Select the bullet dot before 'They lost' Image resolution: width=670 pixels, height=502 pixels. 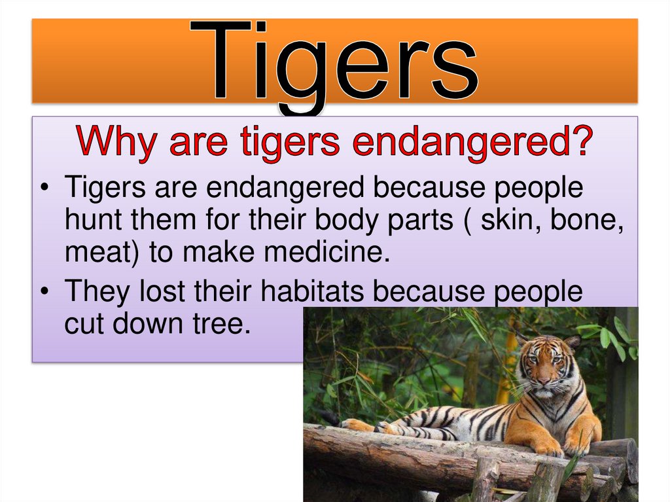coord(44,293)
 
